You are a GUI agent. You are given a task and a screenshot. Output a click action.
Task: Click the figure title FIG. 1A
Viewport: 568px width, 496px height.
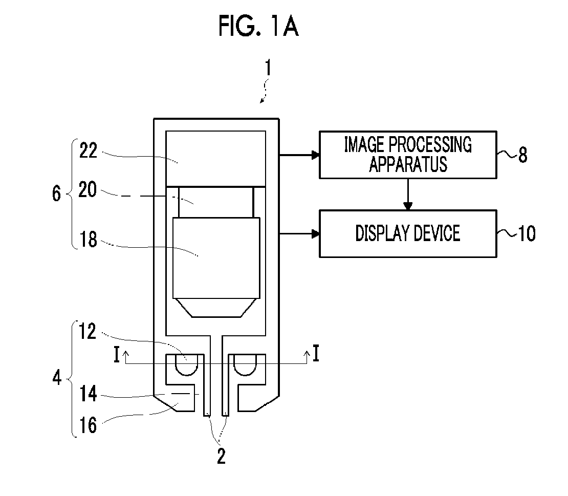[x=258, y=26]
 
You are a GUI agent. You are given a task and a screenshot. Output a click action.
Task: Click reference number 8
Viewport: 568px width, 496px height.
[x=523, y=155]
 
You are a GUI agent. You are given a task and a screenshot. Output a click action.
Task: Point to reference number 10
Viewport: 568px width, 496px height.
[x=527, y=234]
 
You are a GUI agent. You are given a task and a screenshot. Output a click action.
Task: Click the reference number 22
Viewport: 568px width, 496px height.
[x=89, y=150]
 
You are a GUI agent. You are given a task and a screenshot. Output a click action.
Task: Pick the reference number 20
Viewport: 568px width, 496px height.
[x=88, y=189]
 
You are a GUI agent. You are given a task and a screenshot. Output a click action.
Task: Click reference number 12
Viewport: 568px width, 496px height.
[x=88, y=332]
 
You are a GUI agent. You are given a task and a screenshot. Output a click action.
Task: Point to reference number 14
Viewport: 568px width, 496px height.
[x=89, y=394]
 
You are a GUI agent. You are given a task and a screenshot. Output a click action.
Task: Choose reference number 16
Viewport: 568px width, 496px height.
[x=88, y=425]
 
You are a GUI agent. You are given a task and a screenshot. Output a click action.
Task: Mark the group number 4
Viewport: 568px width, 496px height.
[x=57, y=378]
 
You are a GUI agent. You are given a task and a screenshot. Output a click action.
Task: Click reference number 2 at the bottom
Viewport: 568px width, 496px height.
[x=222, y=456]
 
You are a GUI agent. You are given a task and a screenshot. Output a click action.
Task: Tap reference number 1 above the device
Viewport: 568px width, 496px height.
[x=268, y=68]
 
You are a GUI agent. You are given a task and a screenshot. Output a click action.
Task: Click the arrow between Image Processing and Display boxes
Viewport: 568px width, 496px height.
[x=408, y=194]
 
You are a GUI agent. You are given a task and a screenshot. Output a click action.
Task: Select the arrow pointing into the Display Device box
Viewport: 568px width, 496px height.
[x=299, y=234]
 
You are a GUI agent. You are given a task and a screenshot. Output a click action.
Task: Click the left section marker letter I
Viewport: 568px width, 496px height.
[x=116, y=354]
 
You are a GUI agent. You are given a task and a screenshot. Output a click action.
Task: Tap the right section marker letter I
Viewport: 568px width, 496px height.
[x=316, y=353]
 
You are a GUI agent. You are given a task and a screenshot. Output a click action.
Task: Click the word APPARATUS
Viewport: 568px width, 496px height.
[x=408, y=164]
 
